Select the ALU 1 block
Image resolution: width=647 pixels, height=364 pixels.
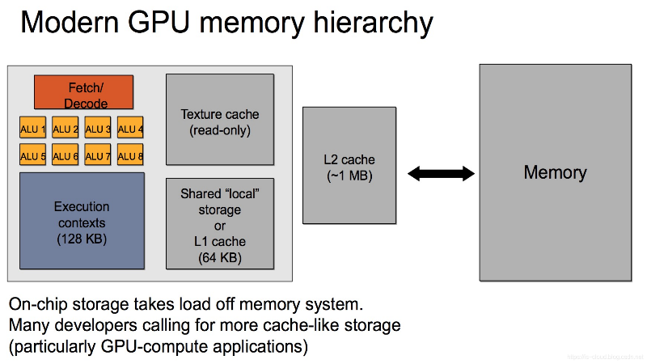tap(32, 129)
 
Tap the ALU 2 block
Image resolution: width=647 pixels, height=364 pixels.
tap(66, 129)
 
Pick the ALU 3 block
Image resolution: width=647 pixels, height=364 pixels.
tap(98, 129)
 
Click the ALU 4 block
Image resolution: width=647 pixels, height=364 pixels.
tap(130, 129)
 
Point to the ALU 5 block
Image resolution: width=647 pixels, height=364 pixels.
tap(32, 155)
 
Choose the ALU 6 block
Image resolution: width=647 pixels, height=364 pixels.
tap(66, 155)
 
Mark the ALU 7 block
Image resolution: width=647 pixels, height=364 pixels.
tap(98, 155)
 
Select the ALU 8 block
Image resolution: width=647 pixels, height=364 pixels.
tap(130, 155)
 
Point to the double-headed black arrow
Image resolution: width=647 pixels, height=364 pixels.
tap(441, 172)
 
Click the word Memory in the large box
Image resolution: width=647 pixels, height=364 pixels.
tap(555, 172)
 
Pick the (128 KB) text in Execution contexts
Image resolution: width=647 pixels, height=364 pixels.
tap(81, 239)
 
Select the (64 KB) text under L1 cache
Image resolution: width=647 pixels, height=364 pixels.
tap(220, 259)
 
